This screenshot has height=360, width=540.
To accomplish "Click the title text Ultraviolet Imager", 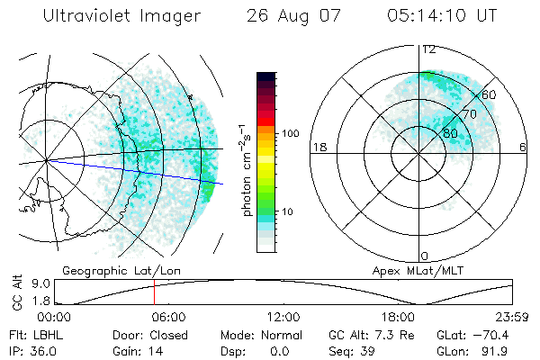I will click(121, 16).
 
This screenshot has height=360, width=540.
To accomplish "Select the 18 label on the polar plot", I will click(318, 147).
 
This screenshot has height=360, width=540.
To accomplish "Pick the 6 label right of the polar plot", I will click(523, 147).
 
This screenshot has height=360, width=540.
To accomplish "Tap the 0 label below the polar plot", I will click(425, 256).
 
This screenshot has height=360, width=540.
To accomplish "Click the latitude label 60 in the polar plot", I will click(490, 94).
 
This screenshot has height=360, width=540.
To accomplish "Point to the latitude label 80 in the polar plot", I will click(449, 133).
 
